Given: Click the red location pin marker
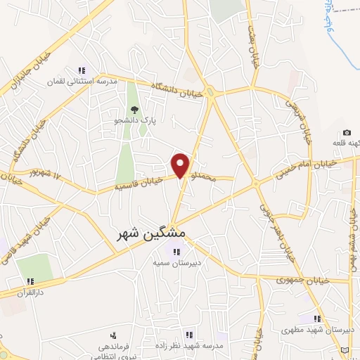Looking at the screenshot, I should click(x=181, y=165).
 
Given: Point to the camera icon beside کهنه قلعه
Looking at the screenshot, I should click(x=347, y=133).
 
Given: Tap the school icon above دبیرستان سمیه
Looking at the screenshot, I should click(x=176, y=252).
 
